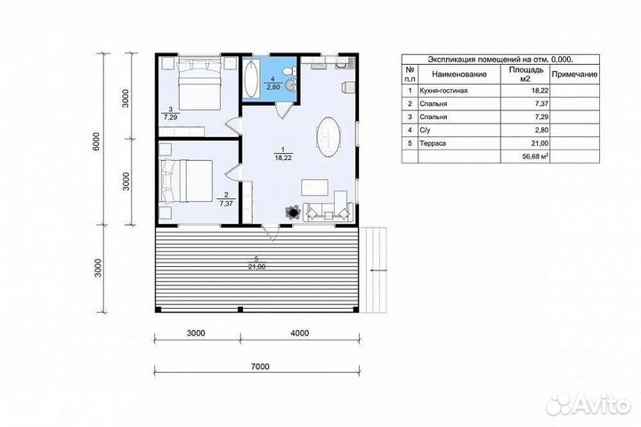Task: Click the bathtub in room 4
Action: click(x=250, y=79)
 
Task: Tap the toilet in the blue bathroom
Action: click(x=290, y=69)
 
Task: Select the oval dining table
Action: click(x=328, y=136)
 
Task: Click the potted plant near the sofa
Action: click(x=293, y=213)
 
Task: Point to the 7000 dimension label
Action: click(x=260, y=367)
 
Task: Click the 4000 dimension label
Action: click(x=300, y=333)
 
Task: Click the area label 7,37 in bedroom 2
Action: click(x=225, y=203)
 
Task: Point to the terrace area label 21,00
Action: click(x=256, y=267)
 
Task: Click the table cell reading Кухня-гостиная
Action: click(x=443, y=91)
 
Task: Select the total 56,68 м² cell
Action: click(x=536, y=156)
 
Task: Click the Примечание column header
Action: click(x=574, y=75)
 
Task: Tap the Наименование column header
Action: click(x=459, y=75)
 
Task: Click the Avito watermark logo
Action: click(x=588, y=404)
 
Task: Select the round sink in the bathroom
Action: click(x=290, y=85)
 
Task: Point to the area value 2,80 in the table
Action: click(x=541, y=131)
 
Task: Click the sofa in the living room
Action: click(x=328, y=212)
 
